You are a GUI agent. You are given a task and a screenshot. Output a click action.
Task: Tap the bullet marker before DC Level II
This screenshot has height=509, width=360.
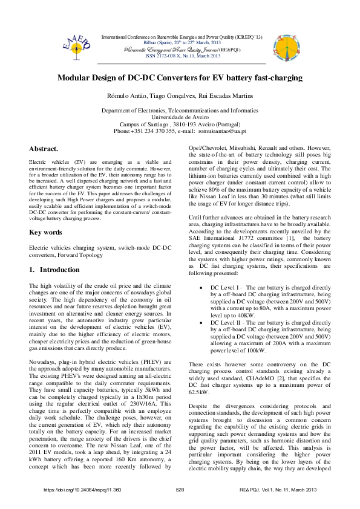pos(200,324)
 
